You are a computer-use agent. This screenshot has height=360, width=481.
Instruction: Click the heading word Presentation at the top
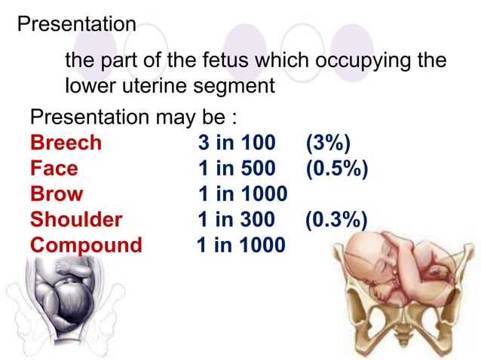[x=76, y=23]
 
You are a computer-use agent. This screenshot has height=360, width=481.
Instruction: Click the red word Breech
[x=66, y=143]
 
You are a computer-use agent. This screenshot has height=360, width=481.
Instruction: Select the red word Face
[x=54, y=169]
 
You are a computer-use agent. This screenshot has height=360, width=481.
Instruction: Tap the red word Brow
[x=57, y=194]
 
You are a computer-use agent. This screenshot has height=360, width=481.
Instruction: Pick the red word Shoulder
[x=76, y=220]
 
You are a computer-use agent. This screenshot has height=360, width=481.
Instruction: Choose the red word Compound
[x=86, y=246]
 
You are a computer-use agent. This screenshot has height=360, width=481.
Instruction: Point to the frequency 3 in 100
[x=237, y=143]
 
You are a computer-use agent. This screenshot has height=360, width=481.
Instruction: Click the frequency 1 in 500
[x=237, y=169]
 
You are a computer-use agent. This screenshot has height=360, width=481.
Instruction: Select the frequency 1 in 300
[x=236, y=220]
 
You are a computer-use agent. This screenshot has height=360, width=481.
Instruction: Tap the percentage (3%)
[x=329, y=143]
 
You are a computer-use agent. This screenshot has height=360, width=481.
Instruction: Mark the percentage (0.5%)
[x=337, y=169]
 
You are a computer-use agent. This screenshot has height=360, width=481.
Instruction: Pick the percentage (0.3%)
[x=336, y=220]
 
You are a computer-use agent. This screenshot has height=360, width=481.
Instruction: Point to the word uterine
[x=152, y=86]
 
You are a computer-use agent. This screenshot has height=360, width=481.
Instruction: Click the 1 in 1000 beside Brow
[x=242, y=194]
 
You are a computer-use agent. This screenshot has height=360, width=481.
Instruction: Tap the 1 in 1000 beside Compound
[x=240, y=246]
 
